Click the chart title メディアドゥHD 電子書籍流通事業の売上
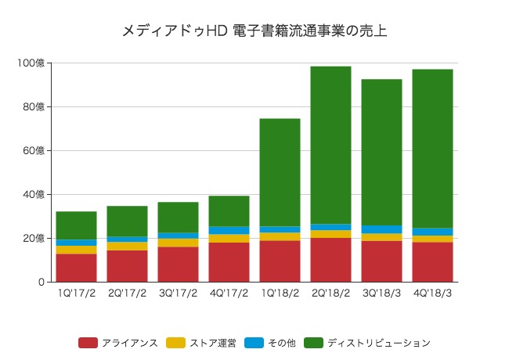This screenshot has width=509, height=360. click(254, 31)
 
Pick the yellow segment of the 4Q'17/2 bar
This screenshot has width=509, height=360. click(229, 238)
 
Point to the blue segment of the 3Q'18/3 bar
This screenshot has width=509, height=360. click(381, 229)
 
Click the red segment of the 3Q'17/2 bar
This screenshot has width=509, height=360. click(178, 264)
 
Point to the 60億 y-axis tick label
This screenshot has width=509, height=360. click(36, 150)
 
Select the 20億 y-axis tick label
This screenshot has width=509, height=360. click(36, 238)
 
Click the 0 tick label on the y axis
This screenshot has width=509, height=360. click(41, 282)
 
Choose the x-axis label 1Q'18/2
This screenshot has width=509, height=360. click(280, 293)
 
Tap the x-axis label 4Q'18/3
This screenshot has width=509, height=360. click(432, 293)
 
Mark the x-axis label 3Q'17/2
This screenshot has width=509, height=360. click(178, 293)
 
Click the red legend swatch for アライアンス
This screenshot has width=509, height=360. click(88, 343)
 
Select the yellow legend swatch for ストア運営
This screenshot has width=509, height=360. click(176, 343)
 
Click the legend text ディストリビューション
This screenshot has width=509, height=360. click(379, 343)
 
